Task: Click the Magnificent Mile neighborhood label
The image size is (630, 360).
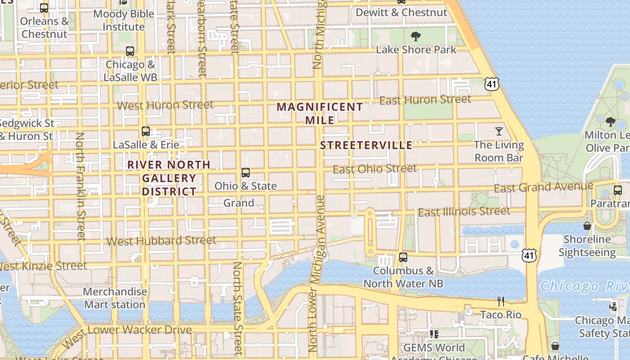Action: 319,113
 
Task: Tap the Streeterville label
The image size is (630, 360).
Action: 366,145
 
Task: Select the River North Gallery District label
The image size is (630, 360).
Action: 169,178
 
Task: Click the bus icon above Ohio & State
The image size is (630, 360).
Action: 246,173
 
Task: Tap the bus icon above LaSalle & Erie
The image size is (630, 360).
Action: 146,131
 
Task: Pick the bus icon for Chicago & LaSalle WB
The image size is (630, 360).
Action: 130,51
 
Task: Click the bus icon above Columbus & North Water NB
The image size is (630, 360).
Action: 403,257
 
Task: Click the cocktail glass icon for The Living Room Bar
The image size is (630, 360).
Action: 499,131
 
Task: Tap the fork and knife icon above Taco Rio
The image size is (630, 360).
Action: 500,301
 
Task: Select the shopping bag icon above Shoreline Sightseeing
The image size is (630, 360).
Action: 587,226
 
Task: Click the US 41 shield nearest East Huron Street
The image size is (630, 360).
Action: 492,83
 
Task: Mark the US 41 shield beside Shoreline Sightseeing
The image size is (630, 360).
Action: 529,255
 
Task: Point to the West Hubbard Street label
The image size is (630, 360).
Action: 161,241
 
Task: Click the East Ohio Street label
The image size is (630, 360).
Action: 375,169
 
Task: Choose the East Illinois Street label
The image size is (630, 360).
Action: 464,211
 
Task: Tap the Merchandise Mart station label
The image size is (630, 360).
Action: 115,298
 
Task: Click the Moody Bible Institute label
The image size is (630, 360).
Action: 124,20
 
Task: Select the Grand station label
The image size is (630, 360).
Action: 239,203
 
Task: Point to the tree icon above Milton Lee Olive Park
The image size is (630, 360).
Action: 610,121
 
